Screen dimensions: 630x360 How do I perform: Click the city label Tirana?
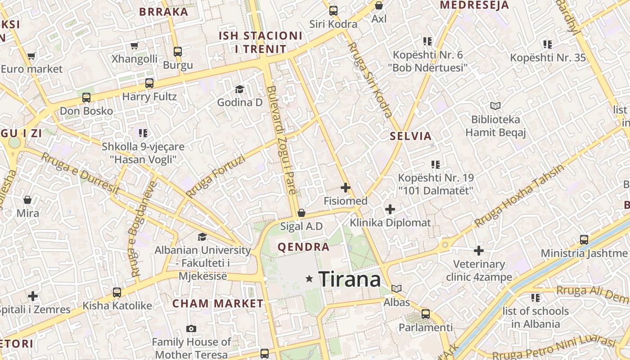[350, 279]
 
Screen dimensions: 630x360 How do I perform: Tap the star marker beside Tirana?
[309, 279]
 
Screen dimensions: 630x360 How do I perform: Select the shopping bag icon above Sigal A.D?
[301, 213]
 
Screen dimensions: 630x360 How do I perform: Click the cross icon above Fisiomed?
[346, 188]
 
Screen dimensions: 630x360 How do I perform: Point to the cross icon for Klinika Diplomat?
[390, 209]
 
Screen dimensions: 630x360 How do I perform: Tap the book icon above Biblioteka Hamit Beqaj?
[495, 106]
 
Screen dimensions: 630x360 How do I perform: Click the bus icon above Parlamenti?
[426, 314]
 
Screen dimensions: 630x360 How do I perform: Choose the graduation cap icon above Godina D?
[239, 89]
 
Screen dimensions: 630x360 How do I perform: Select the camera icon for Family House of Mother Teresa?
[191, 329]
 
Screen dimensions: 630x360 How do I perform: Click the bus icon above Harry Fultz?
[149, 83]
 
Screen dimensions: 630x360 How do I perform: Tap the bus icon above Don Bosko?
[86, 98]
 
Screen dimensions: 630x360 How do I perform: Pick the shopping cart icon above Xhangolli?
[134, 45]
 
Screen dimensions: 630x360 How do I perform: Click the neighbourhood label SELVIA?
[411, 136]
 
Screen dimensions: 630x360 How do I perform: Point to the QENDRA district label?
[304, 247]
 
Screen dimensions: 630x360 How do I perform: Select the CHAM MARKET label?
[218, 304]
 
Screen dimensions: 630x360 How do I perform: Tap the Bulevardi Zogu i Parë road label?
[282, 140]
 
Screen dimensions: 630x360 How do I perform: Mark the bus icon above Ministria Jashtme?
[584, 240]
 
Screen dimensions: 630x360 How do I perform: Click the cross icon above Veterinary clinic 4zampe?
[479, 251]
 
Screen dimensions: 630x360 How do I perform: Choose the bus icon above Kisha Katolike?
[117, 292]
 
